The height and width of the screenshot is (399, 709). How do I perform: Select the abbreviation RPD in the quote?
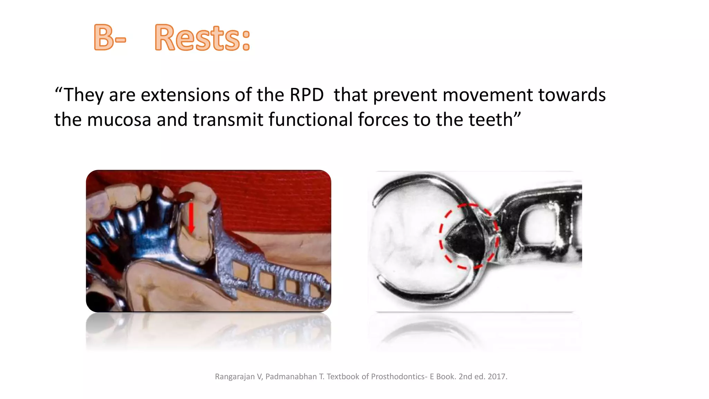tap(306, 95)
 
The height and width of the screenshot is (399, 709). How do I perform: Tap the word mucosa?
tap(119, 120)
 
